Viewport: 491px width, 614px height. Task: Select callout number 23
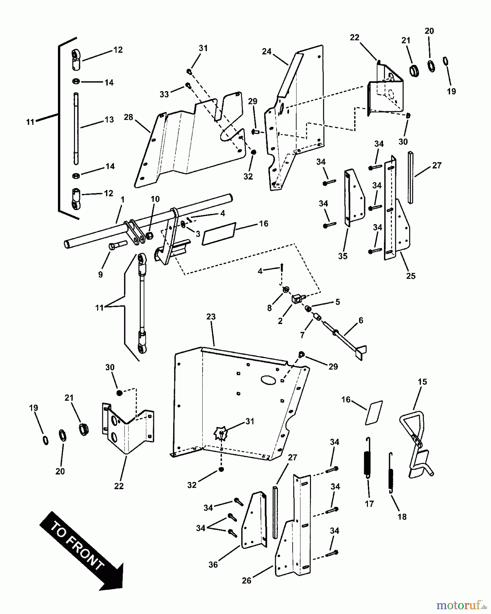pos(211,317)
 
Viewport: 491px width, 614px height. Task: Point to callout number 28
pos(128,117)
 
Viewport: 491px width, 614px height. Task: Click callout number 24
pos(267,52)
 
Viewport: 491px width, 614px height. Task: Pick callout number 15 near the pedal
pos(422,382)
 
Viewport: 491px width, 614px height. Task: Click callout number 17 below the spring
pos(369,503)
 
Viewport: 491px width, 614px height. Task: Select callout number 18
pos(402,516)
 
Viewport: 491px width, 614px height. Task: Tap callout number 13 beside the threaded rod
pos(109,120)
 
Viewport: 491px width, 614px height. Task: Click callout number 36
pos(213,565)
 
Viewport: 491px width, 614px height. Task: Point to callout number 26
pos(247,580)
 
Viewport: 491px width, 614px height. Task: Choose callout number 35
pos(343,256)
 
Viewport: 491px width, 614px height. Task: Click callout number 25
pos(411,276)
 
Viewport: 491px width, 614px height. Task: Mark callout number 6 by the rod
pos(361,320)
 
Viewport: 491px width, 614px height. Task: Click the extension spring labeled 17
pos(368,457)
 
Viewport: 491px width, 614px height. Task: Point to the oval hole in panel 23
pos(268,380)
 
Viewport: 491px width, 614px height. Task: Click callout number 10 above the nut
pos(155,199)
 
